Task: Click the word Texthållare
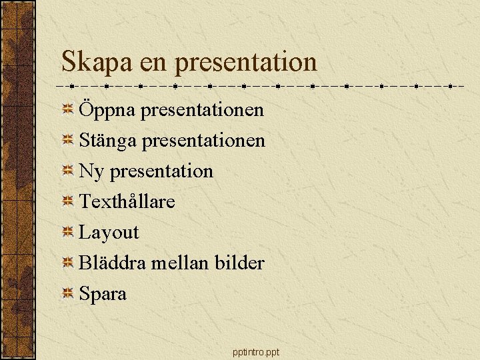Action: [x=127, y=201]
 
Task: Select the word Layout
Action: [x=109, y=233]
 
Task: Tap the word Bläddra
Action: [x=112, y=263]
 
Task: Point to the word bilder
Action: [x=239, y=263]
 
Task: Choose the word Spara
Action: [x=103, y=294]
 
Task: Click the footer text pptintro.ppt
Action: [x=257, y=351]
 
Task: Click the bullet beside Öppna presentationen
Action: [x=67, y=109]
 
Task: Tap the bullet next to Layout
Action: [x=67, y=232]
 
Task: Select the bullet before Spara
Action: [x=67, y=293]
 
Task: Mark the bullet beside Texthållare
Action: [x=67, y=201]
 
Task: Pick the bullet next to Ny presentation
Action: [x=67, y=171]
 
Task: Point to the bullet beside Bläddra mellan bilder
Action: [x=67, y=263]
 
